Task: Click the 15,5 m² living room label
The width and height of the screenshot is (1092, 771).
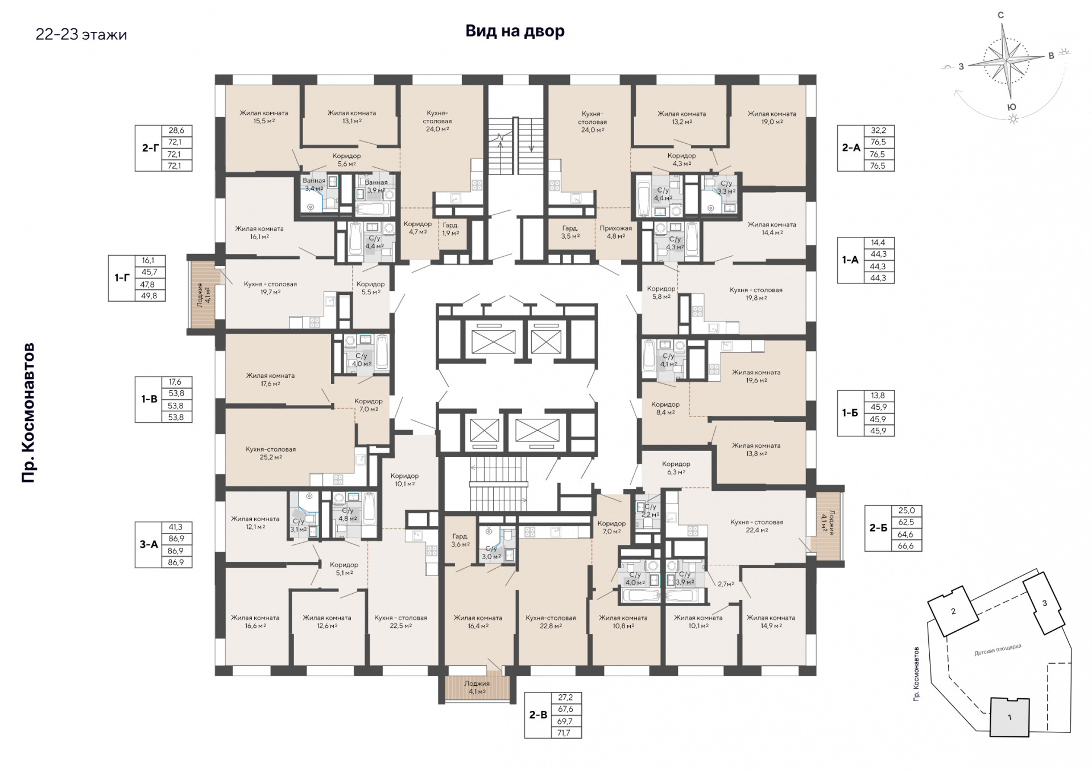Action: pyautogui.click(x=263, y=117)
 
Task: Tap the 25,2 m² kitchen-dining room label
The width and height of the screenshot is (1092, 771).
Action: pyautogui.click(x=271, y=453)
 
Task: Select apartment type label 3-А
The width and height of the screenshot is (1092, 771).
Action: pyautogui.click(x=149, y=544)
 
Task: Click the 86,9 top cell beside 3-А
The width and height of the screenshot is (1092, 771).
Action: pyautogui.click(x=176, y=539)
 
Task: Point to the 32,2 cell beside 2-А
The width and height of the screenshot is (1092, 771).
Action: pyautogui.click(x=879, y=130)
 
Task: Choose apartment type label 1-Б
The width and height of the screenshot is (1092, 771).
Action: pyautogui.click(x=850, y=413)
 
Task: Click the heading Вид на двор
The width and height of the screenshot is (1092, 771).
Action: pyautogui.click(x=515, y=31)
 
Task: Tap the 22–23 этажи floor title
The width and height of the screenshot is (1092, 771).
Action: pyautogui.click(x=81, y=35)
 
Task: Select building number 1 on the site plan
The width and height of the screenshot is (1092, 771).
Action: pyautogui.click(x=1010, y=718)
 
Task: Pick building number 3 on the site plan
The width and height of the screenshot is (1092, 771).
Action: pyautogui.click(x=1044, y=603)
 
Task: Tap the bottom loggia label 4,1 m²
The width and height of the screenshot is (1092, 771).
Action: pyautogui.click(x=477, y=687)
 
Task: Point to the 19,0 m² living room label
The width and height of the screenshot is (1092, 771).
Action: pyautogui.click(x=772, y=118)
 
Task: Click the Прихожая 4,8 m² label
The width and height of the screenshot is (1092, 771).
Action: pyautogui.click(x=615, y=232)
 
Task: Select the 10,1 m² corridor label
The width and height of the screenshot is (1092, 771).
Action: pyautogui.click(x=404, y=480)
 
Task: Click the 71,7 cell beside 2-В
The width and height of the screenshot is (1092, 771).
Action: pyautogui.click(x=567, y=733)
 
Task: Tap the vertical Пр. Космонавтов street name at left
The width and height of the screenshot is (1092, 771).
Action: pyautogui.click(x=28, y=413)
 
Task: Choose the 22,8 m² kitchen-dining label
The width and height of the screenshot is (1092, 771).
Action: pyautogui.click(x=551, y=622)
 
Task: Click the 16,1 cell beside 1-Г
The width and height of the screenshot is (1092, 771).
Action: pyautogui.click(x=150, y=261)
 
